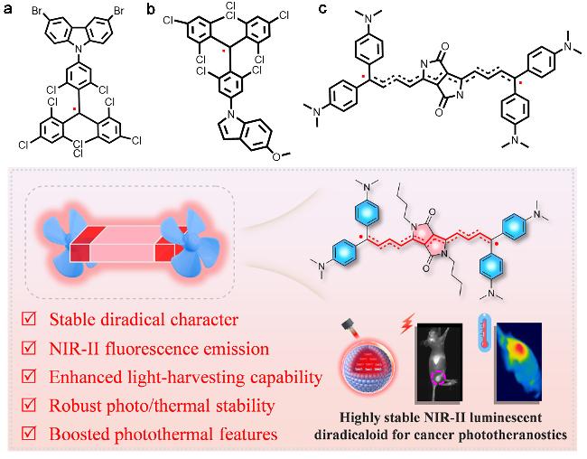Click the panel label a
click(x=7, y=9)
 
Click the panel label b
click(x=151, y=9)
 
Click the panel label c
click(x=322, y=9)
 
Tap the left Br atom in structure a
click(x=37, y=11)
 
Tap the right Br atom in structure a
click(x=118, y=11)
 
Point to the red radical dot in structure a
click(x=75, y=109)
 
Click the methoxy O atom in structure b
click(x=276, y=156)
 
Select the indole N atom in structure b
click(x=232, y=113)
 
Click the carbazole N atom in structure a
click(x=78, y=48)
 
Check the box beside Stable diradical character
click(x=29, y=319)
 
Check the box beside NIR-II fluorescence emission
click(x=29, y=348)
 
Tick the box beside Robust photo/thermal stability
click(x=29, y=405)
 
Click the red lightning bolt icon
click(x=406, y=324)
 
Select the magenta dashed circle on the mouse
click(x=438, y=377)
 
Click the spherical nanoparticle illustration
click(x=368, y=367)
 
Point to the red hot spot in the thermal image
click(x=519, y=348)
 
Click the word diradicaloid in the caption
click(x=350, y=435)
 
